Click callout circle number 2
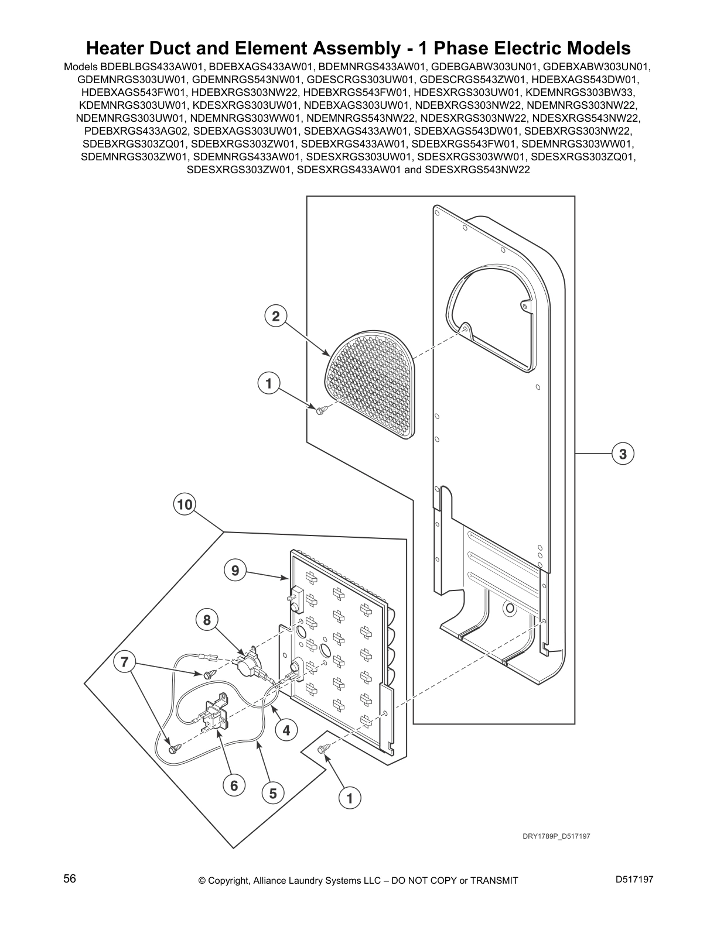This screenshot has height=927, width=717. tap(275, 317)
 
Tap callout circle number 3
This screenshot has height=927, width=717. tap(623, 454)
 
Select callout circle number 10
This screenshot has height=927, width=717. tap(185, 504)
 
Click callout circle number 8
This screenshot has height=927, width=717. tap(207, 620)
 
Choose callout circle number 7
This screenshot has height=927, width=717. tap(124, 662)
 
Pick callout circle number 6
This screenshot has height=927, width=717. tap(234, 785)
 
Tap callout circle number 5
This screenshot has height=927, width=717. tap(273, 794)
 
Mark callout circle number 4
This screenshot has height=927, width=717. tap(286, 730)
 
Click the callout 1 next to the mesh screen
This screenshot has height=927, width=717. tap(269, 384)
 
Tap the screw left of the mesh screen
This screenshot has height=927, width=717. tap(320, 411)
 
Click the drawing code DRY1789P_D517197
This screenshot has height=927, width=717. tap(556, 836)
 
